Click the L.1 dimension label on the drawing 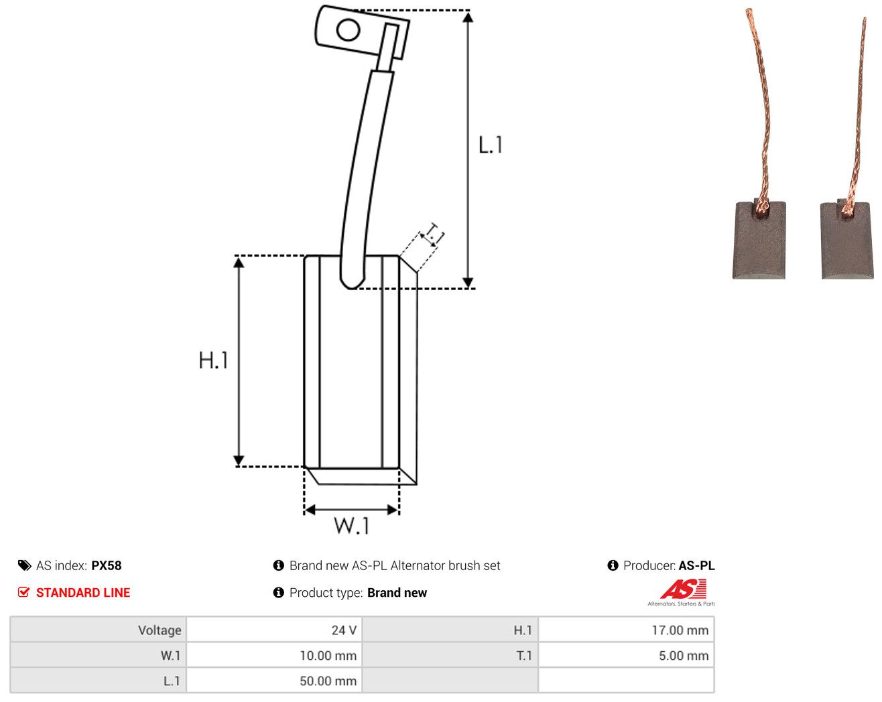[x=490, y=145]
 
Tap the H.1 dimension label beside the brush [x=213, y=360]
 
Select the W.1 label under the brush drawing [x=352, y=525]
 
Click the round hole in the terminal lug [x=348, y=30]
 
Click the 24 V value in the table [x=344, y=630]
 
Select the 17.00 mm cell [x=680, y=630]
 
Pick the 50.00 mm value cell [x=328, y=681]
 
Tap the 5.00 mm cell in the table [x=683, y=655]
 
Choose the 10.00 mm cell [x=328, y=655]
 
